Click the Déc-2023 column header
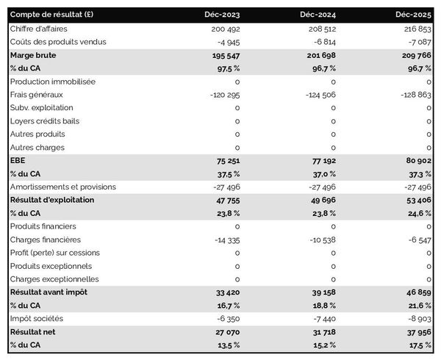223,15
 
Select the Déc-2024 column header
320,15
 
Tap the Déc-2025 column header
415,15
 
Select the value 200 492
224,28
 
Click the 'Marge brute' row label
33,54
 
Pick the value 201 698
319,54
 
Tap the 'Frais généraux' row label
37,94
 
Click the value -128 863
413,94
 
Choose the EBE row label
18,160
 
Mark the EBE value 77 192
321,160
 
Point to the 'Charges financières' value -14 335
224,240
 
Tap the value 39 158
321,292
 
